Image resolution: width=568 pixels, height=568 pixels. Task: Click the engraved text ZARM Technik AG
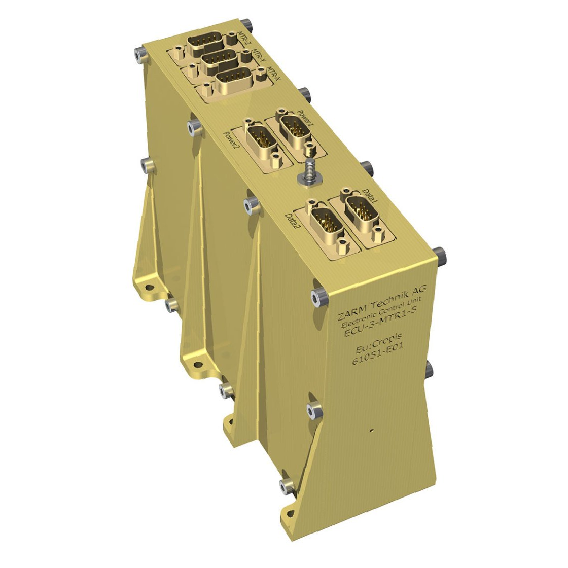click(381, 303)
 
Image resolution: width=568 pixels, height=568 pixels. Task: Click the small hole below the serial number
click(372, 430)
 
